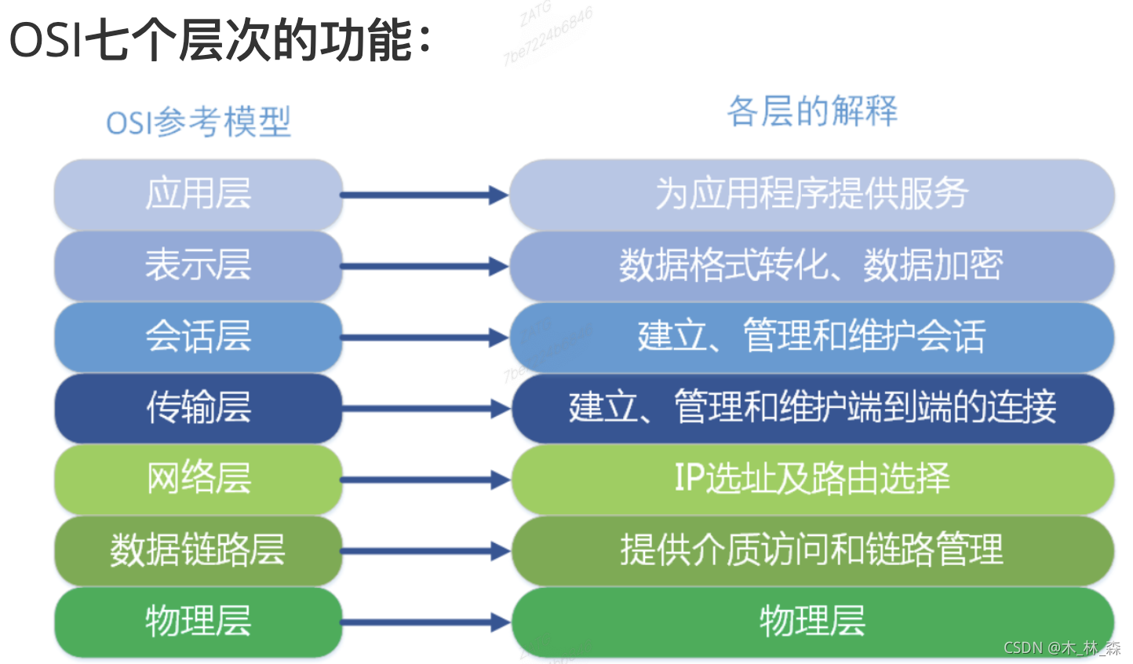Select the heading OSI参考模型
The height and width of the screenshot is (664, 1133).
(199, 122)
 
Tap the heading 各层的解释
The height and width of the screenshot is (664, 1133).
(812, 111)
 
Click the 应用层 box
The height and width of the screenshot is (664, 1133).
(199, 194)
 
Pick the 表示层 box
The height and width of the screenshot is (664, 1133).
(199, 265)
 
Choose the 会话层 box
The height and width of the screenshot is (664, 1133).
(199, 337)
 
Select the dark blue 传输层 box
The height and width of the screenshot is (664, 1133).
(199, 408)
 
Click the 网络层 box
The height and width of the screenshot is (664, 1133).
(199, 479)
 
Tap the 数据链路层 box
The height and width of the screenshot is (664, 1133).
(199, 550)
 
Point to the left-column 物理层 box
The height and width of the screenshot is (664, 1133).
(199, 622)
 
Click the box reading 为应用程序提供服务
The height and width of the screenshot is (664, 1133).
(812, 194)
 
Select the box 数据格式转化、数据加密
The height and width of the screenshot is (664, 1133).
(812, 265)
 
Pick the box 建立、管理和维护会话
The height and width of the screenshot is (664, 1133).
(812, 337)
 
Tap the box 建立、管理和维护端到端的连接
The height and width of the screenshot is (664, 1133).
(812, 408)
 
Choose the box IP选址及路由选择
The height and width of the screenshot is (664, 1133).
(812, 479)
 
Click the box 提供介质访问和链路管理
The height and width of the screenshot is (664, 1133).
(812, 550)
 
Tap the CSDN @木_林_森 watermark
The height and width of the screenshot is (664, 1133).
(1062, 648)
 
